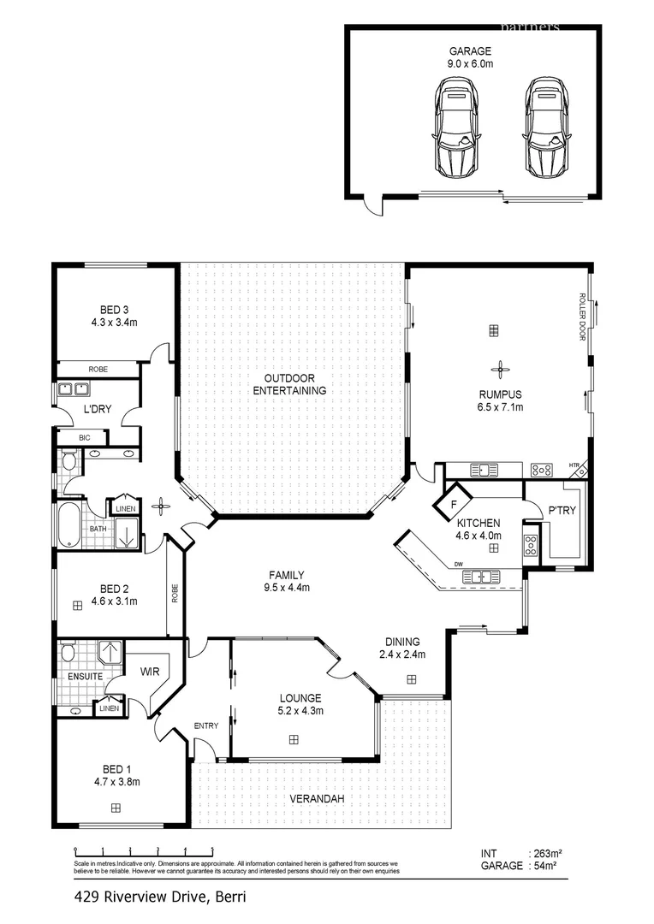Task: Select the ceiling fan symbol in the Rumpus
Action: point(500,369)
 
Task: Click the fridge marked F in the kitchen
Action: point(453,504)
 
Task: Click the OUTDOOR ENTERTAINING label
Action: point(289,384)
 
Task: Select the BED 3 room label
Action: point(114,316)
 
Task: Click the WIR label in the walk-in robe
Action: point(151,672)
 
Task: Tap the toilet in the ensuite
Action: point(71,655)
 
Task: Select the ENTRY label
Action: point(205,726)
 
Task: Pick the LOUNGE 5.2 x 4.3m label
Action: point(299,703)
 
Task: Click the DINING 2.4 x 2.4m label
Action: point(401,648)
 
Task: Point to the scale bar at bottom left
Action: point(144,851)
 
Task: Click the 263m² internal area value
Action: point(544,853)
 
